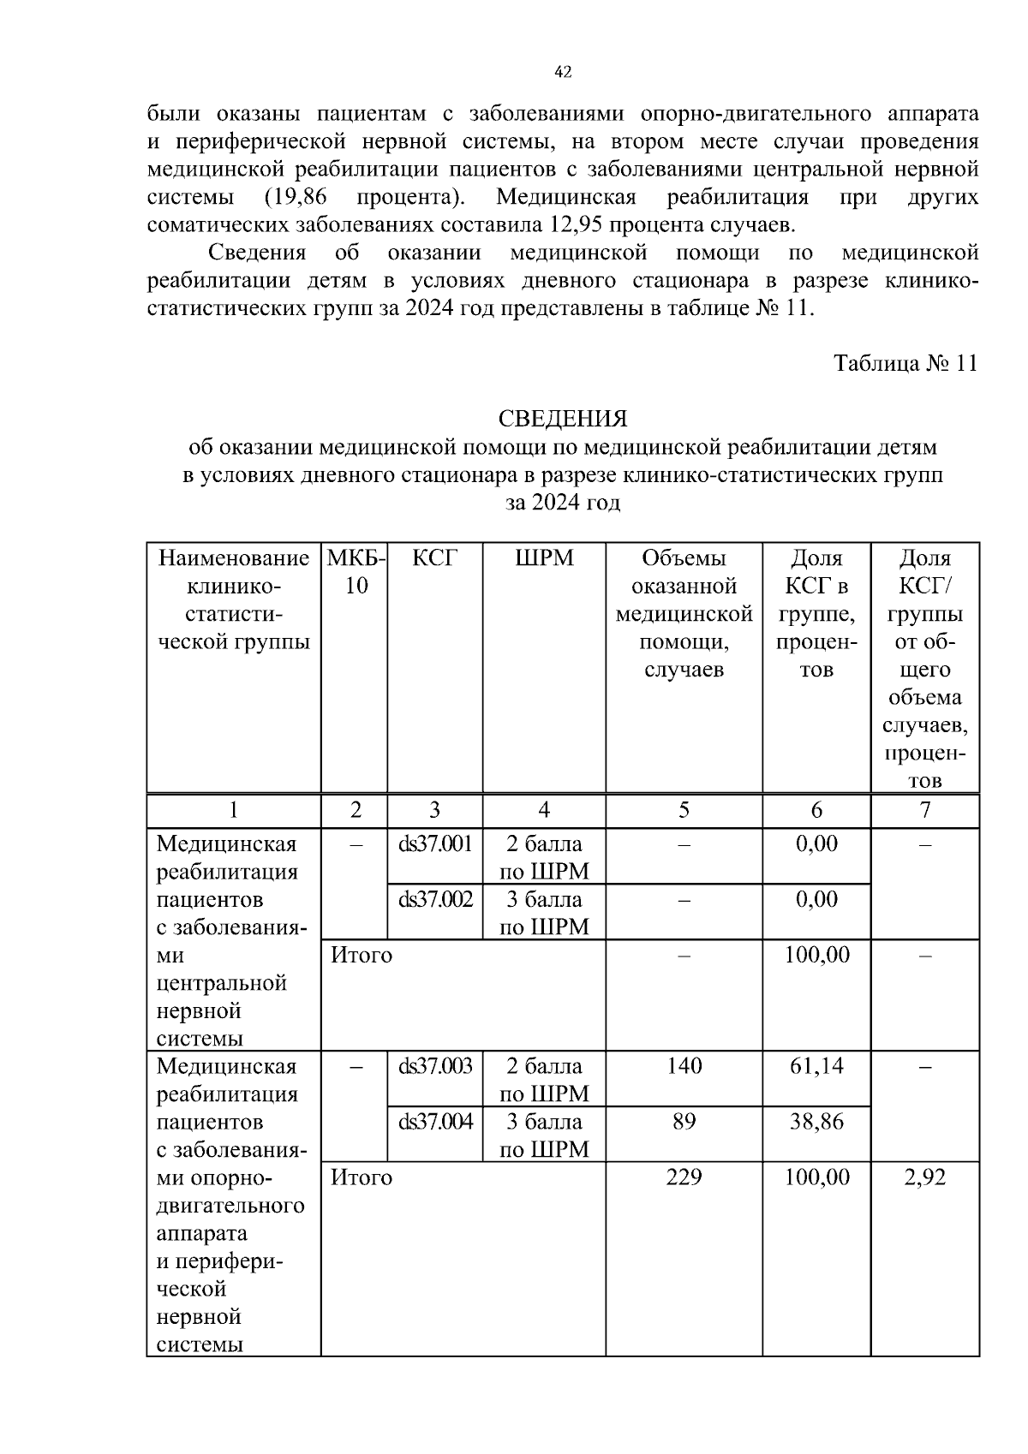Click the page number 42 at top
pos(563,73)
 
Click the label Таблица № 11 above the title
pos(905,363)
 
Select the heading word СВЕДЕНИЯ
pos(563,419)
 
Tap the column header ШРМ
pos(544,559)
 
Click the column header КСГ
pos(434,559)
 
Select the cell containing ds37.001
pos(435,844)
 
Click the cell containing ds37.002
pos(435,900)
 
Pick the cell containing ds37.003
pos(435,1067)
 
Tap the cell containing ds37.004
pos(435,1122)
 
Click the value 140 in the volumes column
pos(684,1066)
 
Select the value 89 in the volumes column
pos(684,1122)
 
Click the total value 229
pos(684,1177)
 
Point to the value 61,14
pos(816,1066)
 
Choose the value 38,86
pos(816,1122)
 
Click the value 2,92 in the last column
pos(925,1177)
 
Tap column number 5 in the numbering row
pos(684,810)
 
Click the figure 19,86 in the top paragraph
pos(296,197)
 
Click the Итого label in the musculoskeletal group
pos(362,1177)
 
